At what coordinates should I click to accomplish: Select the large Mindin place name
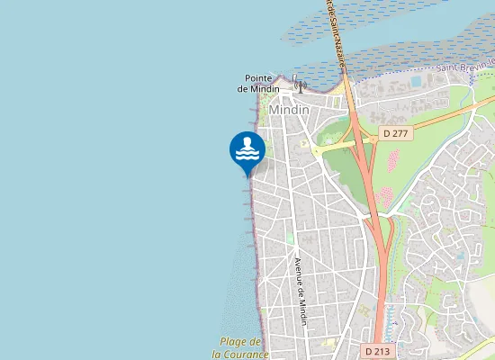(x=289, y=109)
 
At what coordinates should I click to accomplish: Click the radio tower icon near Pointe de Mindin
(x=298, y=85)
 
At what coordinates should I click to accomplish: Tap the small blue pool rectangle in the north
(x=415, y=81)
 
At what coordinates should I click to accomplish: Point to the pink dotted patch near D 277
(x=392, y=160)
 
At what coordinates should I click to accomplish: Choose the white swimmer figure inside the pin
(x=247, y=145)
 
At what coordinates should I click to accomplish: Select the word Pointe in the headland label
(x=261, y=77)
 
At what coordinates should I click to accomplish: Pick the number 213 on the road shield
(x=384, y=348)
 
